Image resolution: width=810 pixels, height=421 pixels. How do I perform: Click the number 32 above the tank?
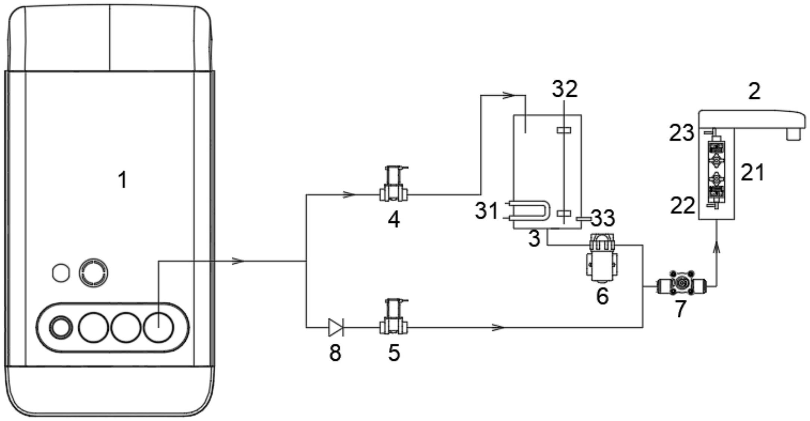(x=565, y=89)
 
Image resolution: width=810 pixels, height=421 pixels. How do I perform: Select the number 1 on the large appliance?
(x=123, y=180)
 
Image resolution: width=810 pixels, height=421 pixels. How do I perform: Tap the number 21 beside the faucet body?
(x=752, y=172)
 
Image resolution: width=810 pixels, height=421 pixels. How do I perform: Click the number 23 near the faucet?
(x=681, y=133)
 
